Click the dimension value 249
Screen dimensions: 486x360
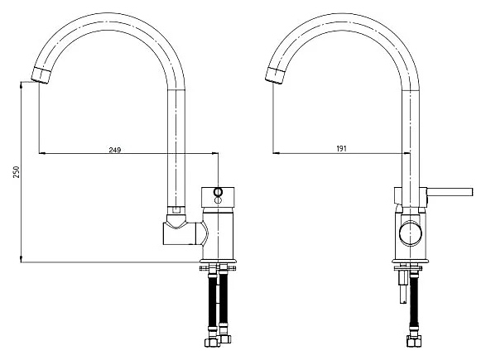coord(115,150)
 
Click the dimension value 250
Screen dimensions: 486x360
coord(16,172)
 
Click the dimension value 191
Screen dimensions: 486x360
coord(341,149)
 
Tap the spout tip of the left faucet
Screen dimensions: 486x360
coord(41,75)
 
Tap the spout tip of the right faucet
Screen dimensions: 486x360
coord(274,76)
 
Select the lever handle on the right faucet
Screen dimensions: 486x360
coord(449,192)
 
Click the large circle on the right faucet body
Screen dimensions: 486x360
coord(411,233)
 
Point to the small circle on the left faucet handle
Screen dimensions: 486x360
coord(218,192)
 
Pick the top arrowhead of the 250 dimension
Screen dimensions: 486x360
coord(21,84)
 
